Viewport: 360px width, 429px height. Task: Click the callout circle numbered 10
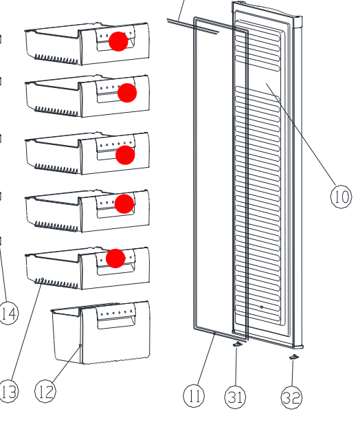coord(341,196)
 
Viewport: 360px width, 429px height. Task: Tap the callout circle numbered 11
coord(194,395)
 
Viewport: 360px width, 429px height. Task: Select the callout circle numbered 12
coord(45,391)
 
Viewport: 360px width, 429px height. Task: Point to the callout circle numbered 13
coord(8,391)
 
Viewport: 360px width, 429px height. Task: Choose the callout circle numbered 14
coord(8,313)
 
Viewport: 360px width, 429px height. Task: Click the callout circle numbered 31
coord(235,397)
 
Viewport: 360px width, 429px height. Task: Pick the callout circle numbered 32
coord(292,398)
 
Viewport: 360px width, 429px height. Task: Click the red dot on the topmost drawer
coord(118,41)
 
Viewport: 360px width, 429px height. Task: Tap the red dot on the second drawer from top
coord(127,93)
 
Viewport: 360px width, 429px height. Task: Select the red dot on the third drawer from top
coord(125,155)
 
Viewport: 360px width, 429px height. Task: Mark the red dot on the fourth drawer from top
coord(124,203)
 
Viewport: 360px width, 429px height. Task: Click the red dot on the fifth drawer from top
coord(115,258)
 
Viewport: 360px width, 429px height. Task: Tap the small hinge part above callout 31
coord(237,344)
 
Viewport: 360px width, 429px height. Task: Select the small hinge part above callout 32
coord(294,357)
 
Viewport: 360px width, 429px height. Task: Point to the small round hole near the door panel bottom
coord(262,307)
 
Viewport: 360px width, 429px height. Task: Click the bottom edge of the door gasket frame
coord(221,333)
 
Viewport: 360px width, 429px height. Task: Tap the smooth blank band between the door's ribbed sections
coord(258,79)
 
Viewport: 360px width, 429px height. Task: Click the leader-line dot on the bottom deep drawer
coord(80,346)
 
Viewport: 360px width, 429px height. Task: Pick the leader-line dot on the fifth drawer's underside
coord(43,279)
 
